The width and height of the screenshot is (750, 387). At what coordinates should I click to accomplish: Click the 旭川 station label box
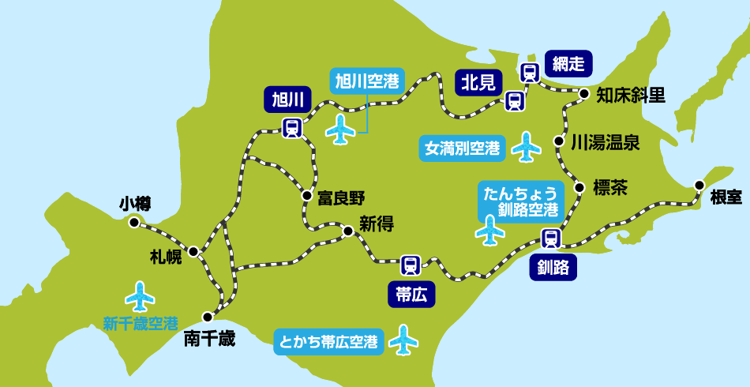tap(287, 100)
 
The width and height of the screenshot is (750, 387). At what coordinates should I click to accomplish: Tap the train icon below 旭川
tap(292, 126)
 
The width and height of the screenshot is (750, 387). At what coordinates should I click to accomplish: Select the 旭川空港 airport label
tap(365, 81)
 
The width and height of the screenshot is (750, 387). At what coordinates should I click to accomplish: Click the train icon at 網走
tap(530, 73)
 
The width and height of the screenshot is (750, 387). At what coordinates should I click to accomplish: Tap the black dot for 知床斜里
tap(584, 94)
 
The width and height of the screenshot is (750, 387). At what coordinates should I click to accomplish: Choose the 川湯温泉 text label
tap(606, 143)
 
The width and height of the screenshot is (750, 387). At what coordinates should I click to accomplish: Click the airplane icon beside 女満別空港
tap(527, 145)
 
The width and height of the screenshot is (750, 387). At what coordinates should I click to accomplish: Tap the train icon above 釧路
tap(551, 238)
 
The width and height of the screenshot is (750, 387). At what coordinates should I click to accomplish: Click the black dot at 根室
tap(699, 185)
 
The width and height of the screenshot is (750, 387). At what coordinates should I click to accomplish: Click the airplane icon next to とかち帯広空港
tap(403, 340)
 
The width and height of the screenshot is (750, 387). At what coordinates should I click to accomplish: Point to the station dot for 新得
tap(347, 231)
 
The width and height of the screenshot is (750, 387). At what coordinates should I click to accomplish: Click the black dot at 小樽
tap(134, 223)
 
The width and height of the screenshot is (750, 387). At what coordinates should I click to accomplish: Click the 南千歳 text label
tap(209, 340)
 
